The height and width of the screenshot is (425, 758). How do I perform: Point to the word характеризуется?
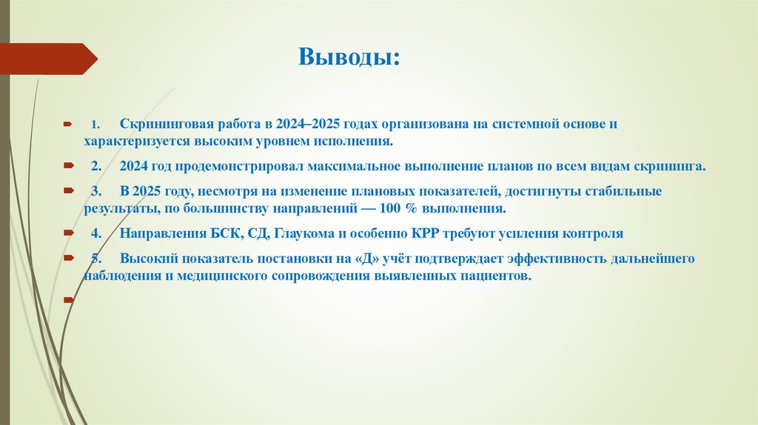pos(127,140)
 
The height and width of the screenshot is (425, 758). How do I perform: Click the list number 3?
pos(95,192)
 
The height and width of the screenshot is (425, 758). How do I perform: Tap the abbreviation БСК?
pos(223,234)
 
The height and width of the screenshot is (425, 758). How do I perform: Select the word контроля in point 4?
pos(589,234)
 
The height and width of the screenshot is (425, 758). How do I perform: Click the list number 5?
pos(95,260)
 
